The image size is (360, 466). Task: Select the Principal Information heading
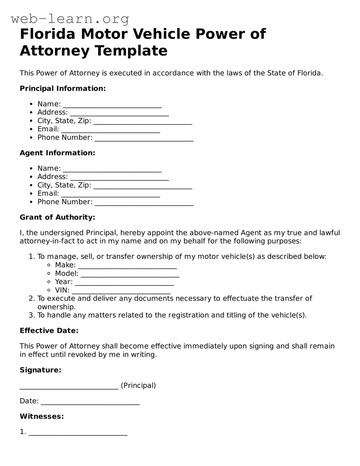pos(63,88)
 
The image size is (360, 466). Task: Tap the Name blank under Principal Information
pos(112,105)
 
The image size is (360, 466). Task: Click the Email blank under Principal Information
pos(110,131)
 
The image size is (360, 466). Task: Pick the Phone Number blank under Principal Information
pos(144,139)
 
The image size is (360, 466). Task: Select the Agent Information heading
pos(57,153)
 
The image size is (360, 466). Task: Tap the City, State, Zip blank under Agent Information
pos(143,186)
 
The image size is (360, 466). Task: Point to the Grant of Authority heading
pos(57,217)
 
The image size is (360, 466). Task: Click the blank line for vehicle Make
pos(127,266)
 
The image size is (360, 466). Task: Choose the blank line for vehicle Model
pos(130,275)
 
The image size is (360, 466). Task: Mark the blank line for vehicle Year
pos(124,283)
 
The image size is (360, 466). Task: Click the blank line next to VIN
pos(121,291)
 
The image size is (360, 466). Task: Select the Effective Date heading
pos(49,330)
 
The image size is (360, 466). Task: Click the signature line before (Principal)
pos(69,387)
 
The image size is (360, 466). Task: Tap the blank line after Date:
pos(90,402)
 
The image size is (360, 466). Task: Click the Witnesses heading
pos(41,416)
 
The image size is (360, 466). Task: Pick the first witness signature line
pos(78,433)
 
